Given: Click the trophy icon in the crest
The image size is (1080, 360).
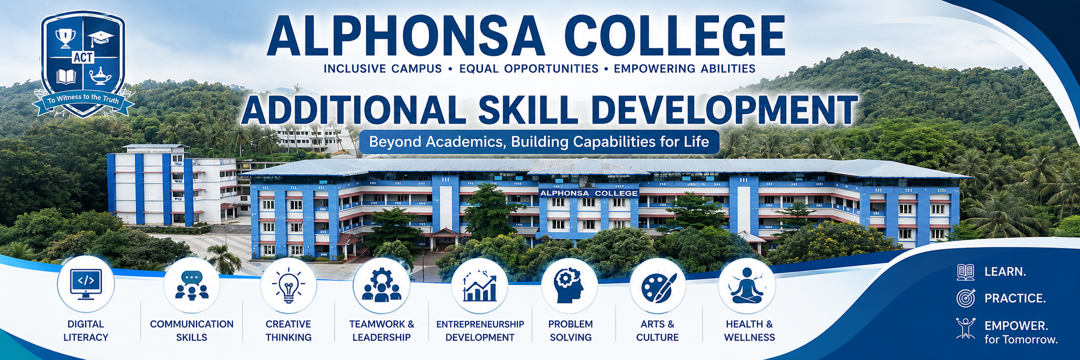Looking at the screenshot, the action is (x=65, y=38).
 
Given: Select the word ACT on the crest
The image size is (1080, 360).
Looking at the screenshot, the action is (x=83, y=58).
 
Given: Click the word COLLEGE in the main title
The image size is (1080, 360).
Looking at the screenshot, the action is (x=675, y=36).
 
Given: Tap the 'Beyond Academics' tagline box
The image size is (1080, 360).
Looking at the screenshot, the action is (x=539, y=142).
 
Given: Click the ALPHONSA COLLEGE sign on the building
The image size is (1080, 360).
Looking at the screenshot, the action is (x=589, y=193).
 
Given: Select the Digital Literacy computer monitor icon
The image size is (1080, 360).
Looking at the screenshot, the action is (x=86, y=284).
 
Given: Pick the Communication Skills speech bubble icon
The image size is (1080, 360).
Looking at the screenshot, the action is (x=191, y=285).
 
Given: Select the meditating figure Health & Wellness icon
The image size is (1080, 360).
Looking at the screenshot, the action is (x=746, y=286).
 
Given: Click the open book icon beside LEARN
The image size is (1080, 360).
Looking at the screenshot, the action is (x=966, y=272).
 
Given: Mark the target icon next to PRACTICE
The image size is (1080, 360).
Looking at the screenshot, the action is (x=966, y=298).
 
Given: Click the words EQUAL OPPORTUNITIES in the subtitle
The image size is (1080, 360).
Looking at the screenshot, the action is (x=529, y=69).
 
